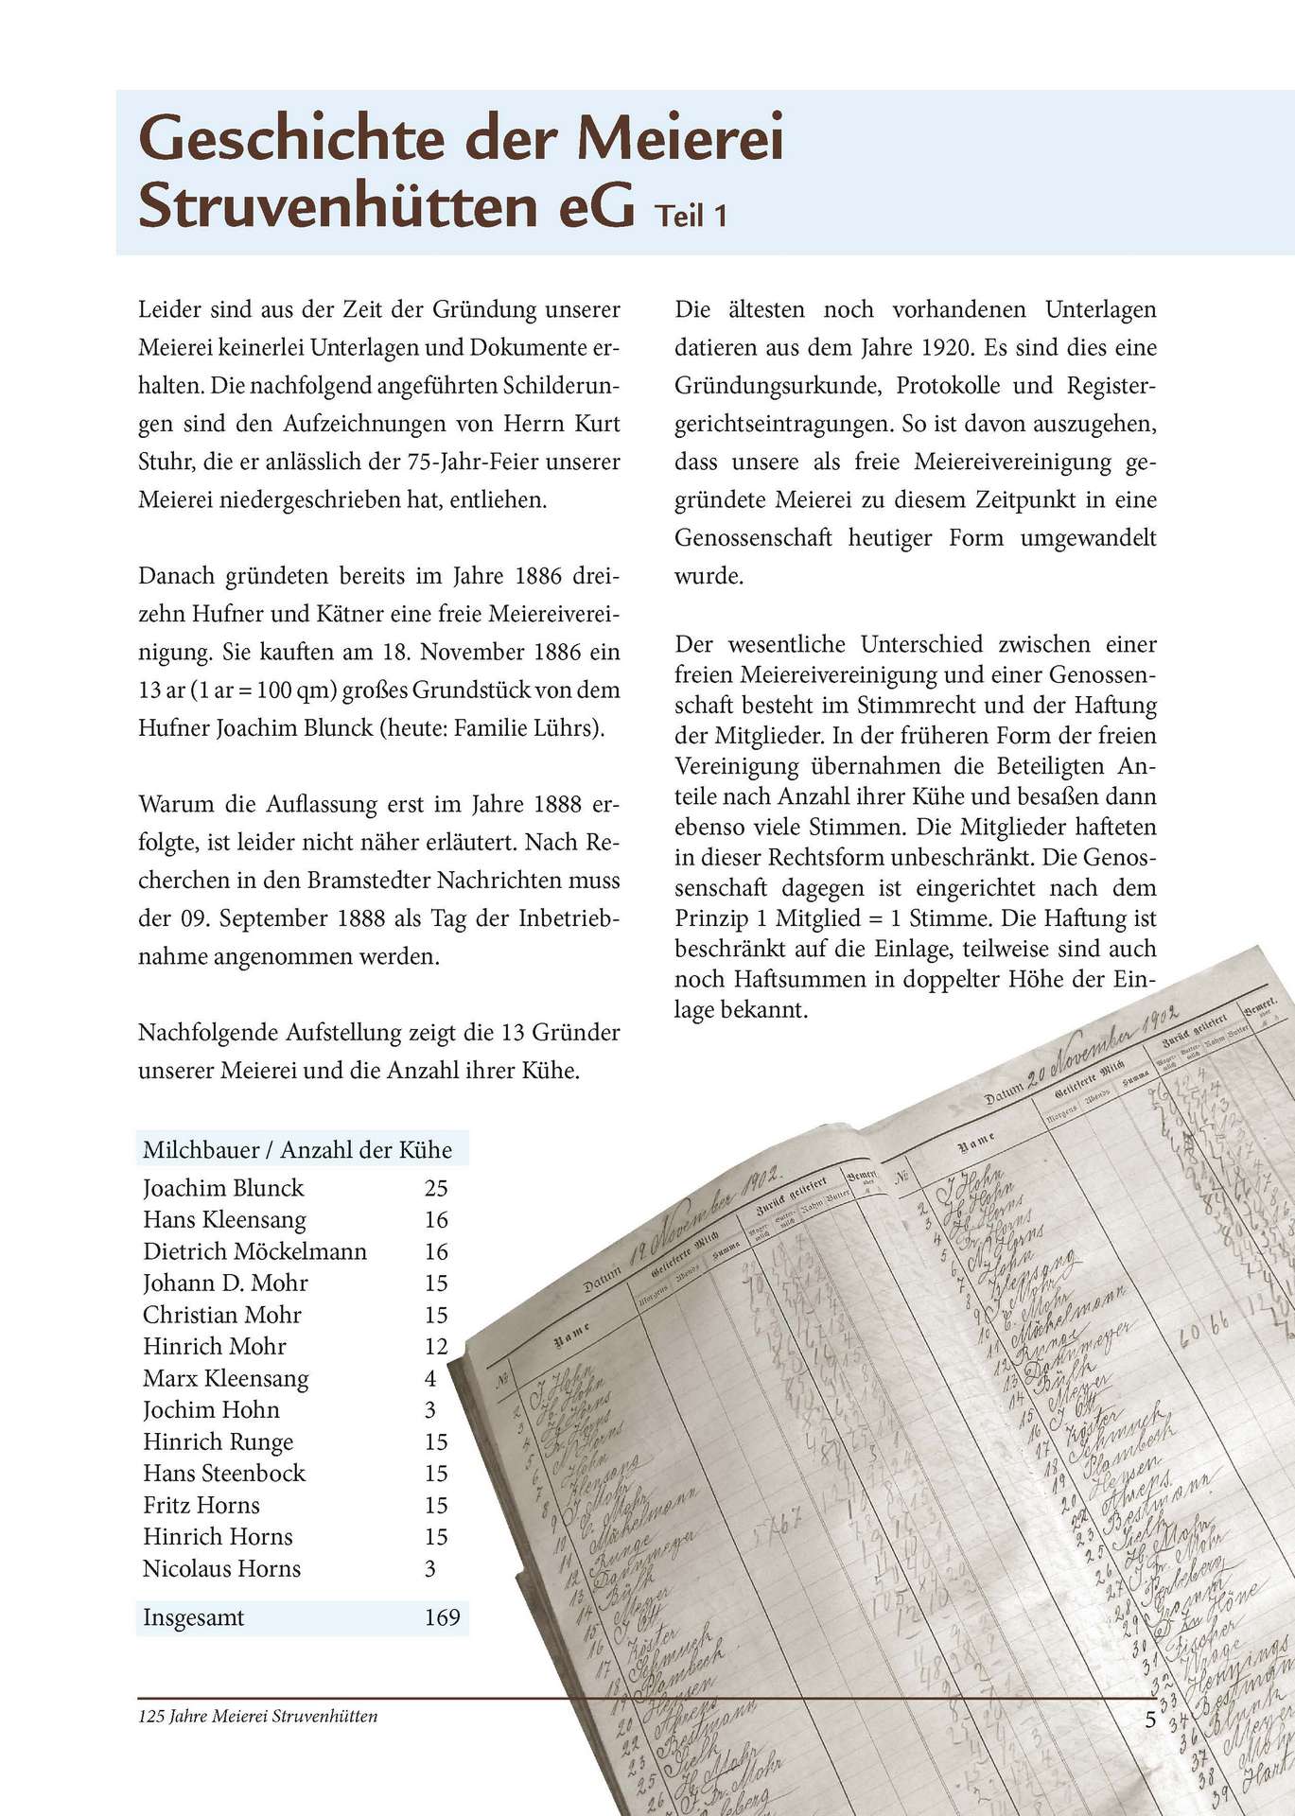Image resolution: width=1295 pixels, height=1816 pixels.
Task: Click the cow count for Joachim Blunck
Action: coord(435,1188)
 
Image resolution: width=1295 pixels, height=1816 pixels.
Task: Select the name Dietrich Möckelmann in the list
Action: coord(254,1251)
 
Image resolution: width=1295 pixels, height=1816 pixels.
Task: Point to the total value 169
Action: coord(442,1617)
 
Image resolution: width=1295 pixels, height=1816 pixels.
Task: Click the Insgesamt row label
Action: coord(193,1617)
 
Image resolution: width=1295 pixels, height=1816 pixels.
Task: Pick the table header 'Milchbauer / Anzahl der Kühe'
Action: coord(297,1149)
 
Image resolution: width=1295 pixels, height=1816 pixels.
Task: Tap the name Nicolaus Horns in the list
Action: coord(221,1568)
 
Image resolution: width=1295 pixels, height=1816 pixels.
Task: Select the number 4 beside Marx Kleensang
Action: coord(430,1378)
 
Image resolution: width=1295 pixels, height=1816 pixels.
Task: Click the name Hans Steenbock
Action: coord(224,1473)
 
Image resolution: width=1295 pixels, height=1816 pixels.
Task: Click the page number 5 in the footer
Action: coord(1150,1720)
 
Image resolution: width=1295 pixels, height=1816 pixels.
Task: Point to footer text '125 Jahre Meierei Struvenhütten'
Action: coord(257,1716)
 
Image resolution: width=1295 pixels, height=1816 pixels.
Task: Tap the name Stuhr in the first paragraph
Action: coord(164,462)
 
